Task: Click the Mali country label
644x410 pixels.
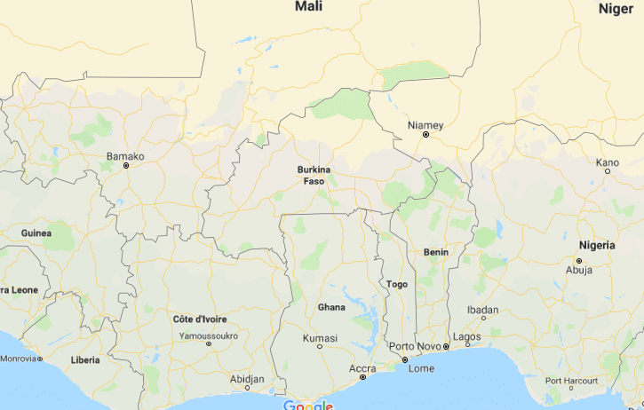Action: point(308,6)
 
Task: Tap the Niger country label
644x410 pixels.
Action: point(616,8)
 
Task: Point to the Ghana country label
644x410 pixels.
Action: point(331,307)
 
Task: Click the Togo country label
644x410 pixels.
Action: point(397,284)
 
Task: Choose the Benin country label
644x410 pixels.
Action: point(436,252)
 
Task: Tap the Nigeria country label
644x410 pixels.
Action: point(596,244)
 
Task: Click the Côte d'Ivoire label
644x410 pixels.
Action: point(200,319)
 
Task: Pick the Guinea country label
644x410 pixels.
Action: point(36,233)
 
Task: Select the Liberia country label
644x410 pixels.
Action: point(85,360)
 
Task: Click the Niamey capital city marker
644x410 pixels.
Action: point(425,135)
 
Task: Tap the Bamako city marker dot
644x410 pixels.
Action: point(126,166)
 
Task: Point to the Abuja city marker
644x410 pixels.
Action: point(578,261)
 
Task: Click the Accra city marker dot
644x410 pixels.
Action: point(362,377)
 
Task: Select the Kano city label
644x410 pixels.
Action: point(608,162)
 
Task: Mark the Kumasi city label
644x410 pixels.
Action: point(320,338)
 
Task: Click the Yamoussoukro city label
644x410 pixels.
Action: point(209,336)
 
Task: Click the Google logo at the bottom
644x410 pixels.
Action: point(307,406)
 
